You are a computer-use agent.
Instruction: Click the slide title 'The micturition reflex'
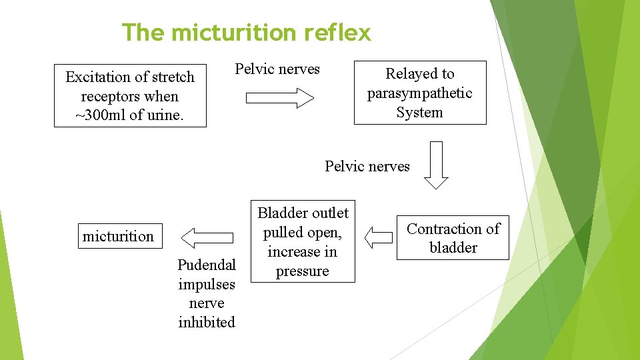pos(246,32)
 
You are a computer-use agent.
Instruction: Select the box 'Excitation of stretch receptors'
pos(130,96)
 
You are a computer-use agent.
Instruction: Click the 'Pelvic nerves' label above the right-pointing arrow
pos(277,69)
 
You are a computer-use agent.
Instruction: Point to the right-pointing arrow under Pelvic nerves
pos(280,99)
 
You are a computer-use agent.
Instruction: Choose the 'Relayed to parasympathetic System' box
pos(419,93)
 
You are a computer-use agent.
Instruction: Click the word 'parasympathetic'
pos(419,93)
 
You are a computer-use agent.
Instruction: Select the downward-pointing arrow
pos(437,165)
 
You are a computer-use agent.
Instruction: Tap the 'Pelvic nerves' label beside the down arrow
pos(367,166)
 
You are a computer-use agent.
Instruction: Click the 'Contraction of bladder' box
pos(453,238)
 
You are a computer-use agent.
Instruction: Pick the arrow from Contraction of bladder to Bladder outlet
pos(379,237)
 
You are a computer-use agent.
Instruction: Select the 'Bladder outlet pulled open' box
pos(303,241)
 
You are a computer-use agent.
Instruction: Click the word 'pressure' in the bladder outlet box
pos(303,271)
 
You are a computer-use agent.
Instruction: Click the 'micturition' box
pos(119,236)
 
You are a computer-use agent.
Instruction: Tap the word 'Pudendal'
pos(207,265)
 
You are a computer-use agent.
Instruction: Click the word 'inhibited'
pos(207,323)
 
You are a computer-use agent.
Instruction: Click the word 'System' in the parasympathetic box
pos(419,113)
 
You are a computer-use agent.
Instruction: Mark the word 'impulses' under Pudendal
pos(207,285)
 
